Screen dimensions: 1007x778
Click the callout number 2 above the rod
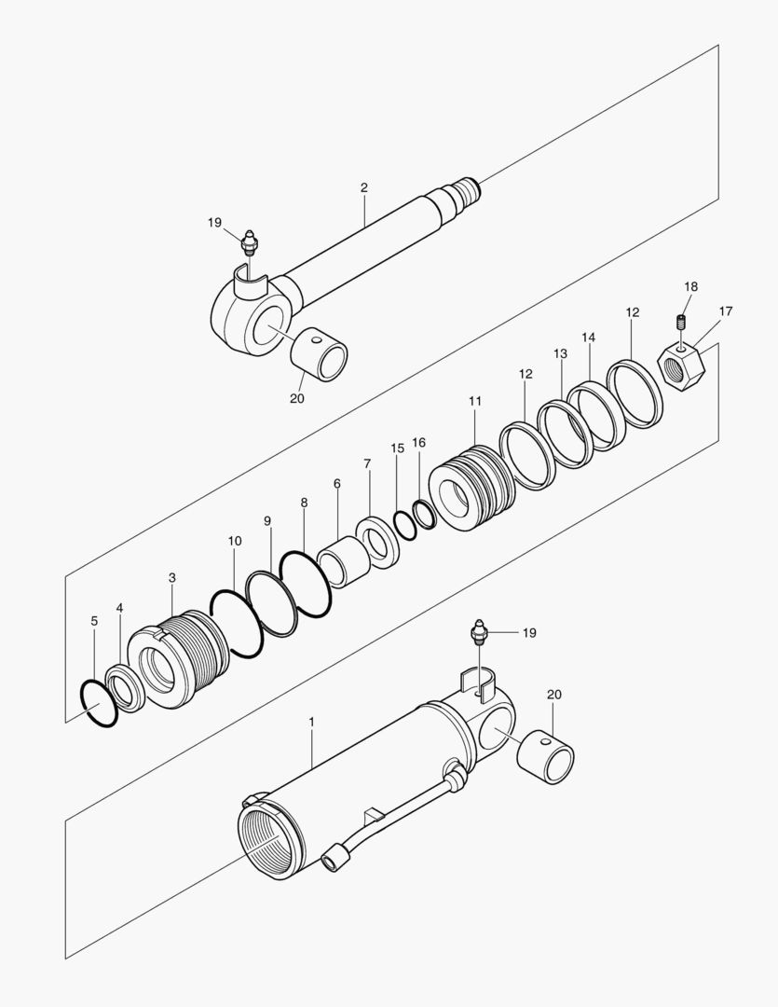363,187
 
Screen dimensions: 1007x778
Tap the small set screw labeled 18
682,323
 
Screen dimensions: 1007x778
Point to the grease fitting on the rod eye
249,244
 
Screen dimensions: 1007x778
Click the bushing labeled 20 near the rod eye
321,356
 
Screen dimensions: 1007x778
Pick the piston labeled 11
470,488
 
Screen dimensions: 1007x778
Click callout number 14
588,337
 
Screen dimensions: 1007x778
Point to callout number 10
235,541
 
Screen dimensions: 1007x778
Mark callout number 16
419,443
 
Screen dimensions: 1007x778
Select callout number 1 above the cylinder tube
311,723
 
